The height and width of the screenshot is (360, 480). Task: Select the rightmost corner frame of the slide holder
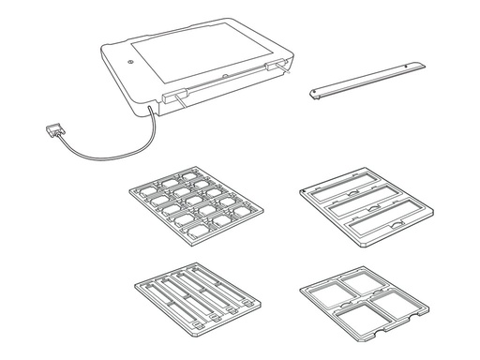(244, 206)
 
